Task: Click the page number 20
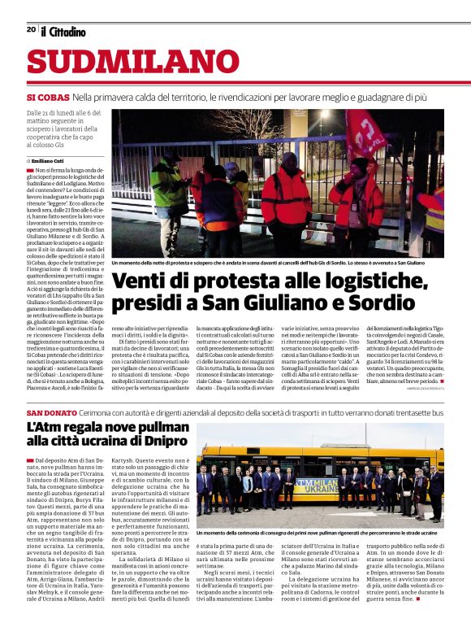[x=31, y=30]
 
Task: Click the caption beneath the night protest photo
[x=277, y=264]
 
